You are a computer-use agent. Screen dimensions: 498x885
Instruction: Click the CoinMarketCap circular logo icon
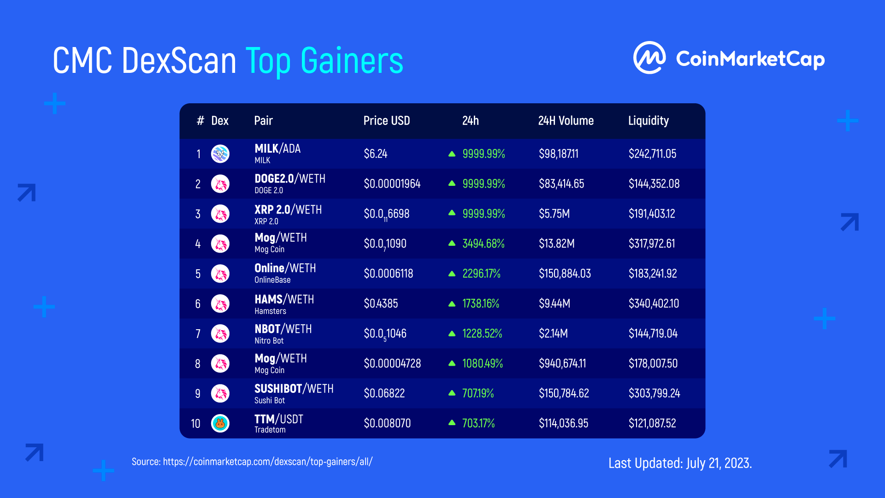click(649, 58)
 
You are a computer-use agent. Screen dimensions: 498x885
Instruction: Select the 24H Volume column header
click(566, 121)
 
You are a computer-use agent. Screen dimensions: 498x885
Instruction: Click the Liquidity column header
click(648, 121)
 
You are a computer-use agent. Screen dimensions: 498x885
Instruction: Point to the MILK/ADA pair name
click(277, 148)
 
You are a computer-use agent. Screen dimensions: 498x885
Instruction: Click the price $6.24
click(375, 154)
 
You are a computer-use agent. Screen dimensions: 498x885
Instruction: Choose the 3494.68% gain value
click(483, 243)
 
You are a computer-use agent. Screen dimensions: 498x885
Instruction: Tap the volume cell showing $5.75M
click(554, 213)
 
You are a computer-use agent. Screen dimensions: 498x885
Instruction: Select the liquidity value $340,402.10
click(654, 303)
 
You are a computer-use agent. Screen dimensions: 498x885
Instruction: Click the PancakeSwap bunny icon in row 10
click(220, 423)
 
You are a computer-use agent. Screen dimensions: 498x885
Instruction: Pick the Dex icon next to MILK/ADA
click(220, 154)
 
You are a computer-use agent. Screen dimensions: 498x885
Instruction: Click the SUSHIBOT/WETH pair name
click(294, 389)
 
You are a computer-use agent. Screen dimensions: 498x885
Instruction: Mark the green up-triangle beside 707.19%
click(452, 393)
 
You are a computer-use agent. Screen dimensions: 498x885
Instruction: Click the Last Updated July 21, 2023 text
click(680, 463)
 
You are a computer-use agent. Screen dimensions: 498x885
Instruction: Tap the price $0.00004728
click(392, 363)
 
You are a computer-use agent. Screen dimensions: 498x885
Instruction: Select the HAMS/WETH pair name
click(284, 299)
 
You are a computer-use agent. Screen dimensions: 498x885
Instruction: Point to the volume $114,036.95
click(563, 423)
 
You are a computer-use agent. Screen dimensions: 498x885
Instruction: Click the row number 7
click(198, 333)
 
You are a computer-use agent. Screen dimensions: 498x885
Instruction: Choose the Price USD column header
click(386, 121)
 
